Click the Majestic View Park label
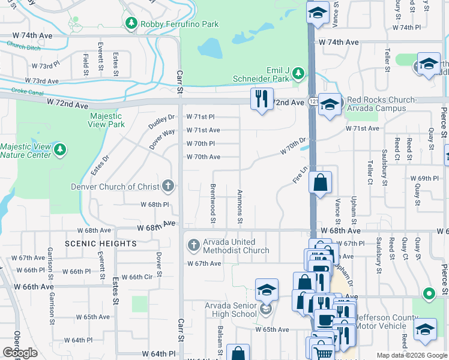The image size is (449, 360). pos(107,120)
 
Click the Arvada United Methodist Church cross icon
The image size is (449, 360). pos(193,245)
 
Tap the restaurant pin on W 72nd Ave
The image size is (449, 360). pos(262,99)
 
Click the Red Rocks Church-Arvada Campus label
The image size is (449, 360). pos(381,104)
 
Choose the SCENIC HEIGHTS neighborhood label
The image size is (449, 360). pos(101,244)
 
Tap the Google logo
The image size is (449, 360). pos(20,353)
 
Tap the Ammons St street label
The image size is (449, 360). pos(240,208)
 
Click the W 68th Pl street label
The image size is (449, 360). pos(155,205)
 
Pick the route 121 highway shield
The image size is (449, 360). pos(313,103)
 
